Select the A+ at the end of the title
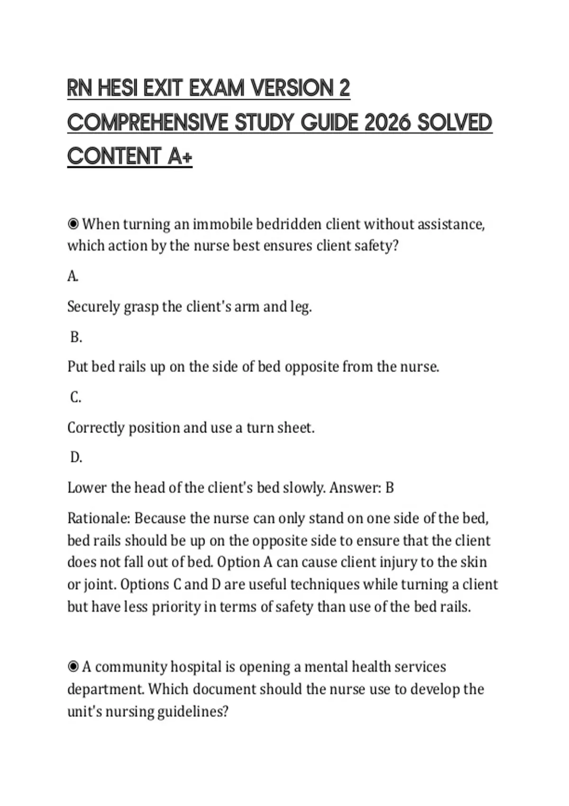tap(180, 156)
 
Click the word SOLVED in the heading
tap(455, 122)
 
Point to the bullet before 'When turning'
tap(73, 224)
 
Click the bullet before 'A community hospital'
tap(73, 667)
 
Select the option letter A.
tap(73, 276)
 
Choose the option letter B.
tap(76, 337)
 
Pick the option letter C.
tap(75, 397)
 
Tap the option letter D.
tap(76, 458)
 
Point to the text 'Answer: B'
tap(361, 488)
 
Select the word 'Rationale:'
tap(99, 518)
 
